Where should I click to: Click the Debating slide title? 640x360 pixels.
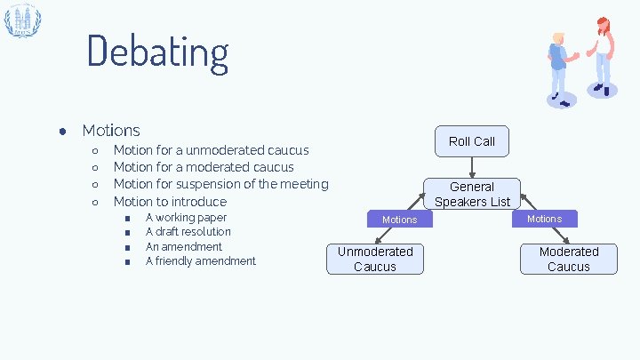tap(157, 51)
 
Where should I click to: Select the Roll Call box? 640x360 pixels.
tap(471, 141)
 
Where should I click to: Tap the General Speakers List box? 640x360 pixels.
tap(472, 194)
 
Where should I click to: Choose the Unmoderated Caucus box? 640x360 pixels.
tap(375, 259)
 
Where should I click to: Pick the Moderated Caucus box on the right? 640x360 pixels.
tap(569, 259)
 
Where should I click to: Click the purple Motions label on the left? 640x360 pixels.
tap(399, 219)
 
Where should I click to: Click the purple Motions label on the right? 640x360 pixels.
tap(544, 218)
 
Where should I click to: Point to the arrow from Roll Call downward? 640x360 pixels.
tap(472, 166)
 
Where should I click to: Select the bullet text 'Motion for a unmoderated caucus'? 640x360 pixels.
tap(211, 149)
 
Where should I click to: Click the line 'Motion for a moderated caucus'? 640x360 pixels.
tap(204, 167)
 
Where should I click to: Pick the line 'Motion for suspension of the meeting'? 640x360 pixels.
tap(220, 184)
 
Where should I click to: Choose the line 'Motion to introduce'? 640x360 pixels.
tap(170, 202)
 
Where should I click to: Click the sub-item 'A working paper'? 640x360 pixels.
tap(186, 217)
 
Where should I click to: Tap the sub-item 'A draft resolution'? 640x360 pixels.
tap(188, 232)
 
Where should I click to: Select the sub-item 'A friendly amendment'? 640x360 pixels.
tap(200, 260)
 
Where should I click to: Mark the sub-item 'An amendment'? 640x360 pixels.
tap(183, 246)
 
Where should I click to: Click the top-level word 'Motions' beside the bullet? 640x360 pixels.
tap(110, 131)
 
